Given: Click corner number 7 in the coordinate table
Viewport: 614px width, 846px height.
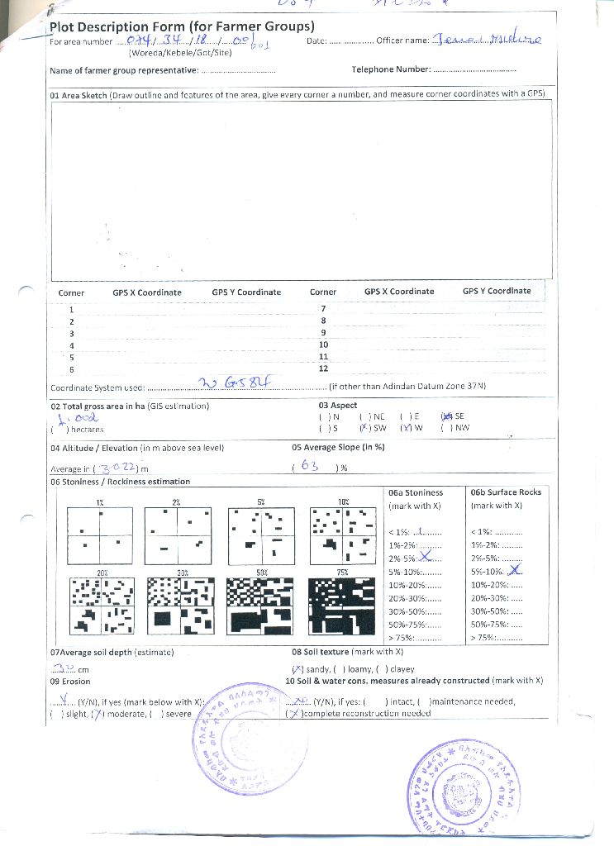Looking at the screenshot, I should [323, 308].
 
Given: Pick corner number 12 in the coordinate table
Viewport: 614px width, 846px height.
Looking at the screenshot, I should [323, 368].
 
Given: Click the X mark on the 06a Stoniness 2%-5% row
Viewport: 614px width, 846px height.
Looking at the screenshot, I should [426, 558].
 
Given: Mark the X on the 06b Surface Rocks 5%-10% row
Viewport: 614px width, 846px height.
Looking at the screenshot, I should [514, 570].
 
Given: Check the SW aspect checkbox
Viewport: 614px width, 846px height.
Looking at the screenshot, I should [363, 429].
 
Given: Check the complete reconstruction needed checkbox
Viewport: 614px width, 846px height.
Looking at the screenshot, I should [292, 713].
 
